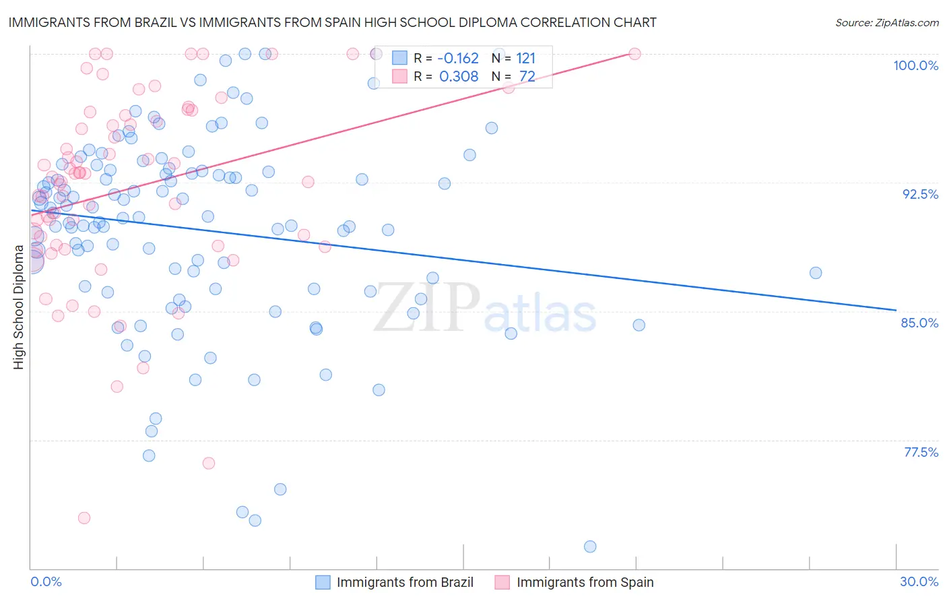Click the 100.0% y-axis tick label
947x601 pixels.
point(915,65)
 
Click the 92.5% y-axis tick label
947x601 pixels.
point(920,194)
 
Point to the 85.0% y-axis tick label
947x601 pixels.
point(919,323)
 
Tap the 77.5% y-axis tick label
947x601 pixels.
point(921,452)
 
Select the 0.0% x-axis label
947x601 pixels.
point(46,581)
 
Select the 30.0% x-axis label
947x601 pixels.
point(919,581)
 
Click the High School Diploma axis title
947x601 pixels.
point(19,307)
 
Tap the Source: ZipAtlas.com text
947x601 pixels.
point(886,22)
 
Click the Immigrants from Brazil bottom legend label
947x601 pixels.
point(405,582)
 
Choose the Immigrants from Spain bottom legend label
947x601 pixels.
point(585,582)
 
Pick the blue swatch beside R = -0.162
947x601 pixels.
point(400,58)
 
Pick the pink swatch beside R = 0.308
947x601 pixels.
point(400,76)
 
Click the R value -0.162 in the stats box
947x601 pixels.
point(458,58)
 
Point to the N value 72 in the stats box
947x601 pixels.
point(527,76)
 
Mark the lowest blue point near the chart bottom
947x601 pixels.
point(590,546)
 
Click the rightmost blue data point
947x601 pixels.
point(816,273)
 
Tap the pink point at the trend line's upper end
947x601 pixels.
point(634,54)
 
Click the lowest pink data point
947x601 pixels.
point(84,517)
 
